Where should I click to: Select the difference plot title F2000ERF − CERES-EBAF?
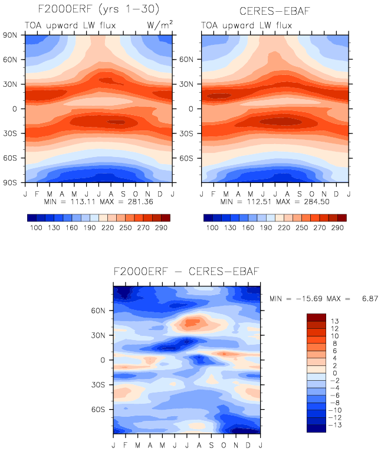(x=186, y=272)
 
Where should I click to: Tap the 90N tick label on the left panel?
(x=10, y=35)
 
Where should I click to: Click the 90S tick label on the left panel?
(x=10, y=182)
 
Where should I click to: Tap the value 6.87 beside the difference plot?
(x=368, y=299)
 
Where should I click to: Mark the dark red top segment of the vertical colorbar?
(x=316, y=317)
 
